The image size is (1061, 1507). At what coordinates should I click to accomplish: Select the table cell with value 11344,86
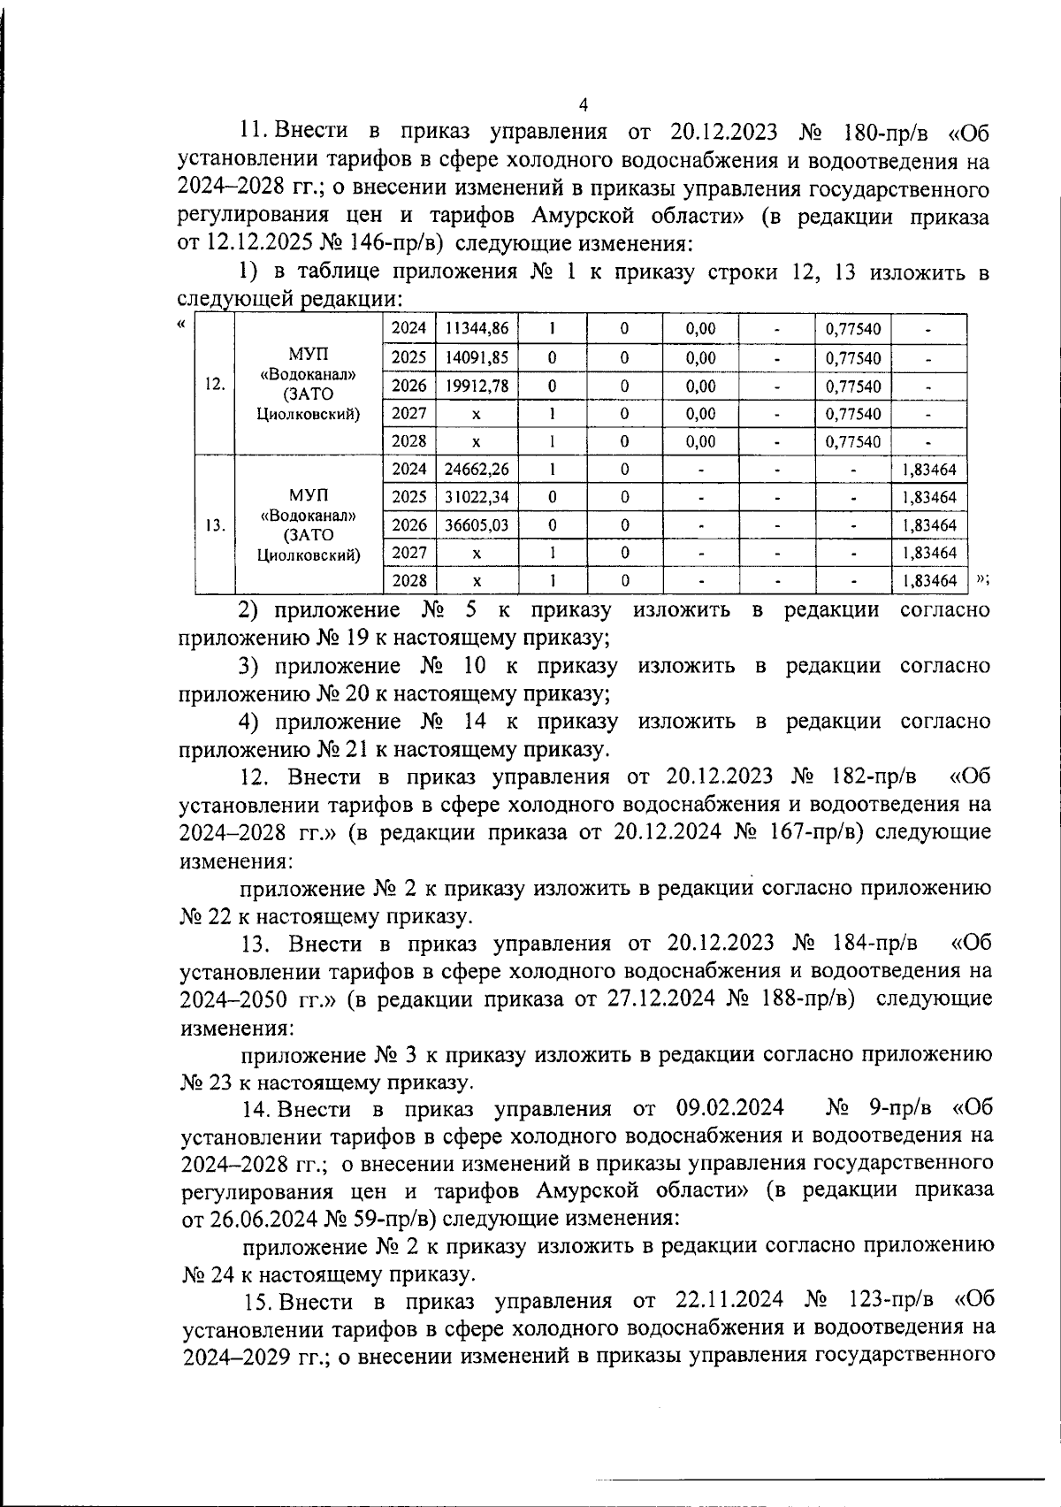point(477,329)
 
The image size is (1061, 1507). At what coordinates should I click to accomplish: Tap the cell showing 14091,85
point(477,358)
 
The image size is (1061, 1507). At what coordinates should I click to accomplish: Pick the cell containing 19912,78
point(477,386)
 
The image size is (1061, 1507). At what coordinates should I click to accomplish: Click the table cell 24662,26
point(477,470)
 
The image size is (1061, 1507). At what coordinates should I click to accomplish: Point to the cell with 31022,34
point(477,498)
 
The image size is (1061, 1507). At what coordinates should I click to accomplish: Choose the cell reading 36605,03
point(477,525)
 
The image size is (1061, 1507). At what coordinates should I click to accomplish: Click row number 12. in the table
point(214,385)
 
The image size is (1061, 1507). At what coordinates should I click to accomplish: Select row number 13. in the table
point(214,525)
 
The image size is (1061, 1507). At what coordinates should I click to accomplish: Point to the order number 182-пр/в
point(869,776)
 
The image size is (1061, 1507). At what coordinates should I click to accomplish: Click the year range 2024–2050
point(233,999)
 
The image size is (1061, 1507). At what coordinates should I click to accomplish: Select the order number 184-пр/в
point(870,943)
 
